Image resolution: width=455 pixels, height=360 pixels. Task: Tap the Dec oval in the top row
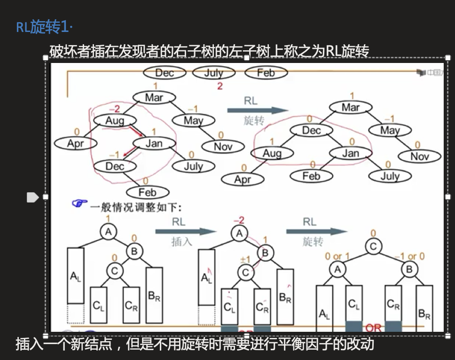coord(165,73)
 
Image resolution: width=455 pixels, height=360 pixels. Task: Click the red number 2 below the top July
coord(220,86)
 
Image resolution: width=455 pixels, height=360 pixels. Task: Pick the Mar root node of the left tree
coord(154,97)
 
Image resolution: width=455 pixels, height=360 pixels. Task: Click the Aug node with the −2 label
coord(114,120)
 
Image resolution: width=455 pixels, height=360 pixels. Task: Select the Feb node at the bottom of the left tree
coord(147,192)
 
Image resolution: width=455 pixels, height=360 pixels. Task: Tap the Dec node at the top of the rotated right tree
coord(311,130)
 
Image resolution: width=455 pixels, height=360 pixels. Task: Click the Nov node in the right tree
coord(420,156)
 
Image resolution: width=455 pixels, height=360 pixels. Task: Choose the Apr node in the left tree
coord(75,143)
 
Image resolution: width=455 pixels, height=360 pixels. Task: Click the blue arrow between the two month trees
coord(257,110)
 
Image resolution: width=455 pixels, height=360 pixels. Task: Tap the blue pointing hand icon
coord(79,203)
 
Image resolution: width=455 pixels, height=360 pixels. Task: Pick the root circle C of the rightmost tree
coord(373,246)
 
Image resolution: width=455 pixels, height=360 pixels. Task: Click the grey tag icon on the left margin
coord(32,197)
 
